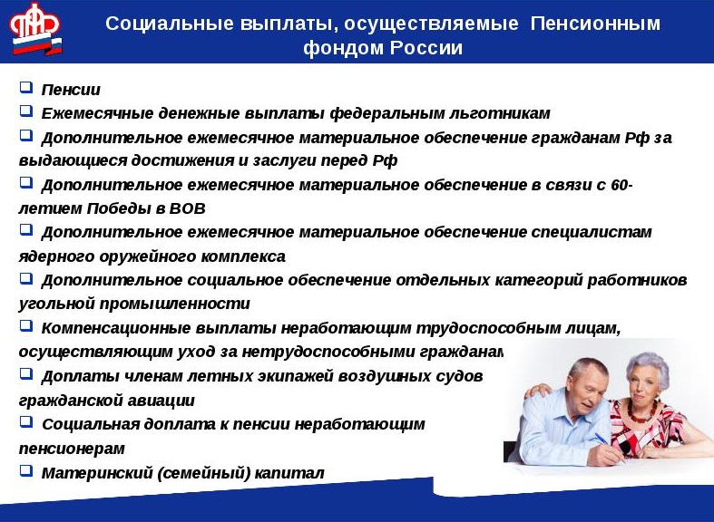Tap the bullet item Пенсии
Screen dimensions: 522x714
tap(71, 90)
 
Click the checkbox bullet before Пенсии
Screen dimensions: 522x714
tap(25, 89)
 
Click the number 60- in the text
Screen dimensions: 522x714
tap(621, 185)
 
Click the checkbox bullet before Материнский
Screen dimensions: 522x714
tap(25, 471)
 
